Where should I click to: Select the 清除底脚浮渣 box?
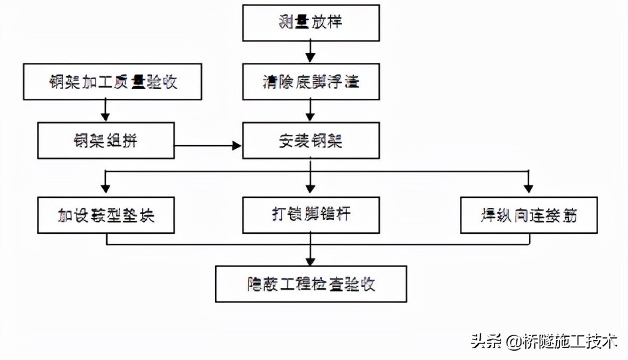click(311, 82)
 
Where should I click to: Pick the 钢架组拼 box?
click(106, 141)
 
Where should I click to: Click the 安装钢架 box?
click(311, 141)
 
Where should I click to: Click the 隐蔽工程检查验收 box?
click(311, 284)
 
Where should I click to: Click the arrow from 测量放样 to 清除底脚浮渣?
click(311, 52)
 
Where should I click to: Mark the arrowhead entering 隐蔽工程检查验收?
click(311, 260)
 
